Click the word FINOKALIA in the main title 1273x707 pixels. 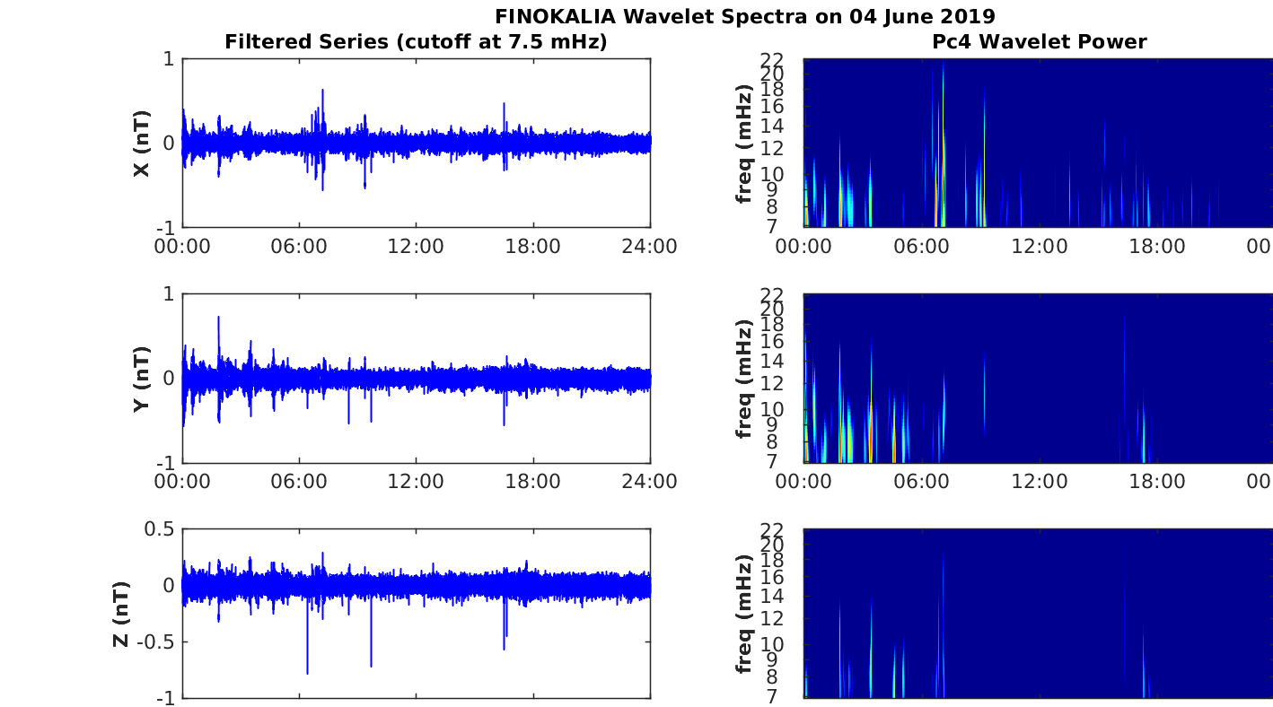tap(555, 16)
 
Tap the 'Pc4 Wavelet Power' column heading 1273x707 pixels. tap(1040, 41)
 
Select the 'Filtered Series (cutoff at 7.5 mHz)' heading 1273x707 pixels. tap(416, 41)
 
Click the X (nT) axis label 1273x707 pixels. tap(142, 144)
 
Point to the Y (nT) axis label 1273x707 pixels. tap(142, 379)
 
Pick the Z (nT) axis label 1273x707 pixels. tap(121, 615)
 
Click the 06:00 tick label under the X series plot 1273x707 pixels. tap(299, 247)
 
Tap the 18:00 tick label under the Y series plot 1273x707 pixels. tap(532, 482)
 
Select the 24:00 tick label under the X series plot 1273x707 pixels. tap(649, 247)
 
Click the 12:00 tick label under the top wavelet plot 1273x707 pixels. tap(1040, 247)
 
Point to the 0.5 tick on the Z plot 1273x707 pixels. tap(159, 529)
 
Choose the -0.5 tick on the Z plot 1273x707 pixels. tap(155, 642)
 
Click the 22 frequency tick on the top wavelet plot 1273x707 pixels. tap(772, 59)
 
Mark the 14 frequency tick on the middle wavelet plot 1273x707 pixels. tap(772, 361)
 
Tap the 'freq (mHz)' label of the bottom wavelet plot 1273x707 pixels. tap(744, 615)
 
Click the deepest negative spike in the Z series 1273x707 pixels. tap(307, 674)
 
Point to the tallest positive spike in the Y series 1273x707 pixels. tap(219, 317)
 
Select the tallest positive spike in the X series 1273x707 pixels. tap(323, 90)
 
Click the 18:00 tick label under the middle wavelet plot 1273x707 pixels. tap(1157, 482)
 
